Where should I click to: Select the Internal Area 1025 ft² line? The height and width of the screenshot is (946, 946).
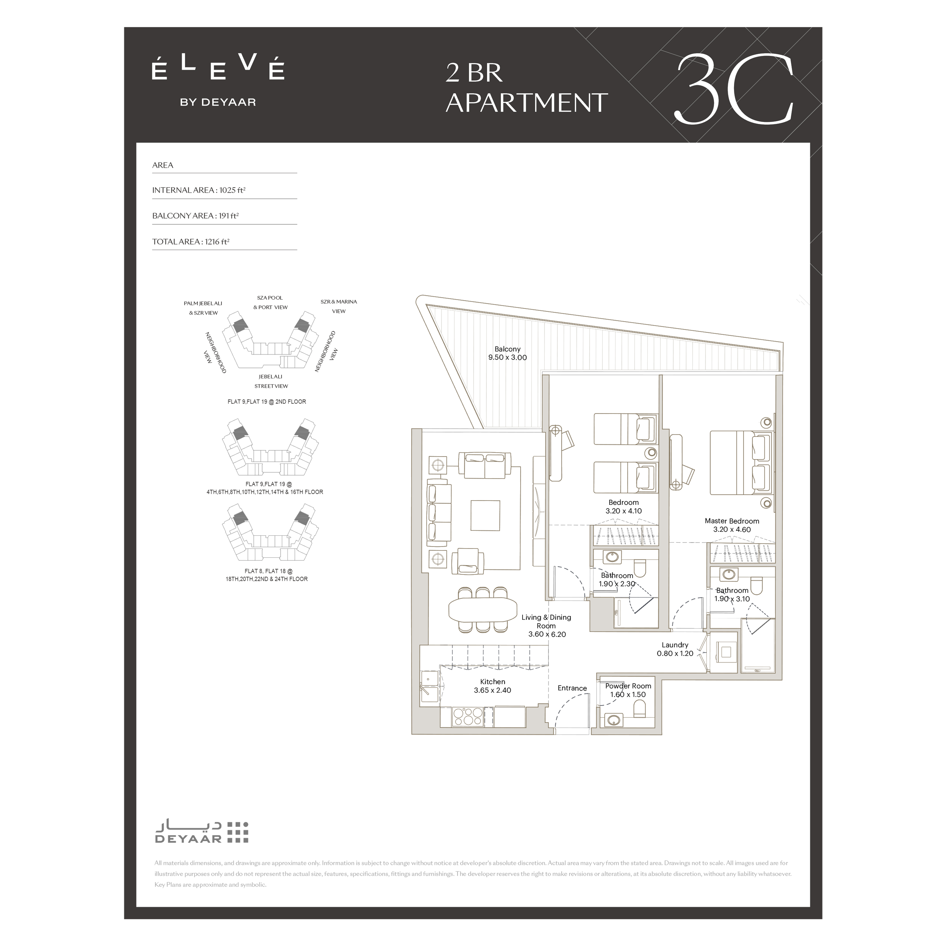click(199, 190)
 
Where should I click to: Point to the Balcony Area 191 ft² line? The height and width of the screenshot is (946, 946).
click(195, 215)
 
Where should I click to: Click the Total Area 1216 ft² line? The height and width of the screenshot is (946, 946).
click(191, 241)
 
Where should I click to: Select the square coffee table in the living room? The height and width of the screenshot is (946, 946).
click(485, 515)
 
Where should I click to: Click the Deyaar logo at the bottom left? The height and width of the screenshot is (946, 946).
click(202, 832)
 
